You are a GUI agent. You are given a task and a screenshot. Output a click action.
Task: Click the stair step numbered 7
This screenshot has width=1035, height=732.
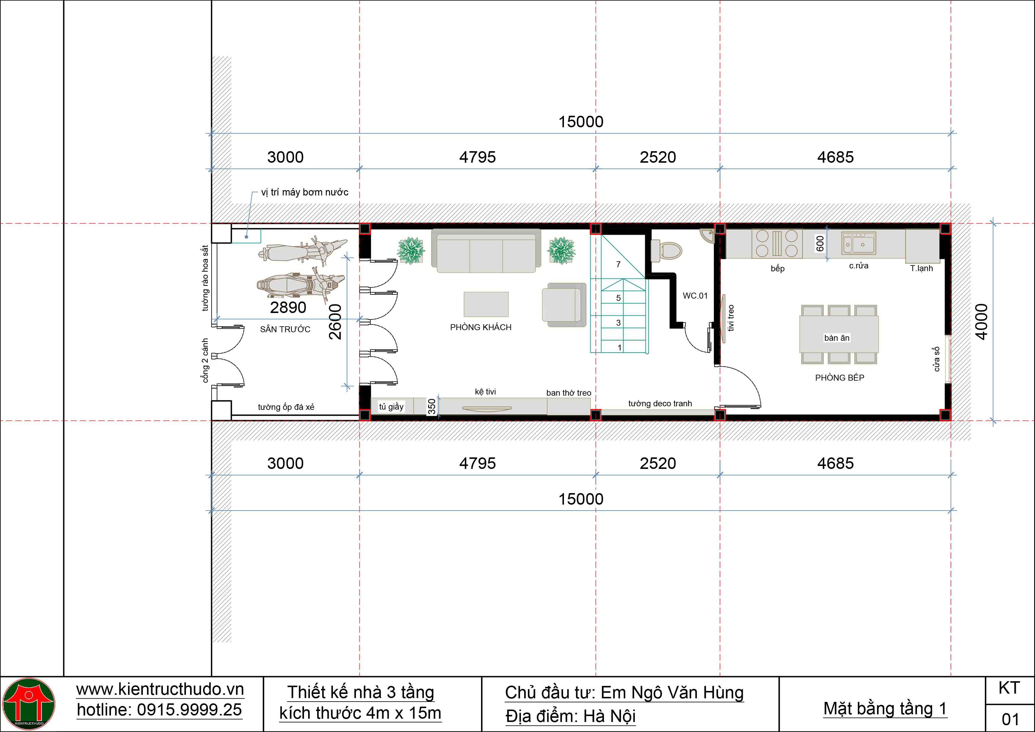[x=619, y=264]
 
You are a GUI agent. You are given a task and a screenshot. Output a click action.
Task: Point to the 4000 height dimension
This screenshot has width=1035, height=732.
[x=981, y=322]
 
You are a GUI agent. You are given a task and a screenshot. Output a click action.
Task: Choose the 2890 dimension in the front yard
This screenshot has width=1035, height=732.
[x=288, y=308]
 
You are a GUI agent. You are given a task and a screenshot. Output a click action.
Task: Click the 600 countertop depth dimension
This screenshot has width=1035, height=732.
[x=820, y=244]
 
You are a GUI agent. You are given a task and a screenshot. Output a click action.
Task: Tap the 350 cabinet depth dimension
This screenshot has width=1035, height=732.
[x=432, y=406]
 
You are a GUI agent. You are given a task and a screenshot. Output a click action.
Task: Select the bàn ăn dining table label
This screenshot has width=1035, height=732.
[x=837, y=338]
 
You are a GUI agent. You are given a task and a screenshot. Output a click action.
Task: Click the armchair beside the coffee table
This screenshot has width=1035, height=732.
[x=564, y=305]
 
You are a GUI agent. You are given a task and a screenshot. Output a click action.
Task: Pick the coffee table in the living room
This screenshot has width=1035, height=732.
[x=486, y=304]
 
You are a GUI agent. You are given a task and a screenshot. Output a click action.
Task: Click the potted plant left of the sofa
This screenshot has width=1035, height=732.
[x=411, y=251]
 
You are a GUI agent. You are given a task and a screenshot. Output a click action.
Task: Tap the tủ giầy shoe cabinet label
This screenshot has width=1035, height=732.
[x=391, y=407]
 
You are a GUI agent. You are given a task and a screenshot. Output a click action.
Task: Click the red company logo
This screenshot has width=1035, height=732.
[x=29, y=704]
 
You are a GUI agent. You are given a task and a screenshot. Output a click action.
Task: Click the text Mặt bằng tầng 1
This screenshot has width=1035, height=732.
[x=885, y=709]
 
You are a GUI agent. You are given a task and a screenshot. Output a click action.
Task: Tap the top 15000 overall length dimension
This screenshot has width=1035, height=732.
[x=581, y=122]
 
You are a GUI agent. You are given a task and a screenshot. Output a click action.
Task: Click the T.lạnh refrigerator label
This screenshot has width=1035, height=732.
[x=921, y=268]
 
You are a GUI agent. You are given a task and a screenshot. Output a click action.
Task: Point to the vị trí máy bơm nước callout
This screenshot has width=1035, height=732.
[x=305, y=192]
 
